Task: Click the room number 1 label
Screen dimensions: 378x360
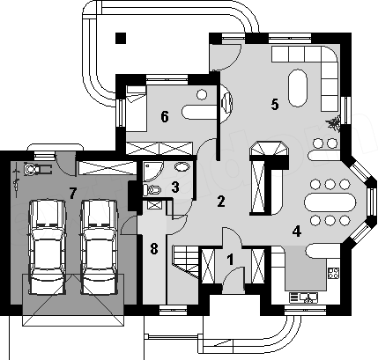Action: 231,260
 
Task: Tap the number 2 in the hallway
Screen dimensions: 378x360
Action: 221,202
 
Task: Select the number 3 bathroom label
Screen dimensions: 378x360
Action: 175,187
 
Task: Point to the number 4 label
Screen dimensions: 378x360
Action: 297,231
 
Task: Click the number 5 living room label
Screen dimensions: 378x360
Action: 275,105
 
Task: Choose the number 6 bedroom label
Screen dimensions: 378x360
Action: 165,117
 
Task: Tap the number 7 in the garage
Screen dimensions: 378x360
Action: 72,193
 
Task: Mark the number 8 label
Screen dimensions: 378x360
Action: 154,249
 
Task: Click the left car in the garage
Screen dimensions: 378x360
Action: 47,247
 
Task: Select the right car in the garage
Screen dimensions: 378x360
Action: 100,247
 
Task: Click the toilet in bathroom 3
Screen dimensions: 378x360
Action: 152,189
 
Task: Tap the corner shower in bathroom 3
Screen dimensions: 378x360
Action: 152,172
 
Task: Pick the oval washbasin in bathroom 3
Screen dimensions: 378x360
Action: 182,166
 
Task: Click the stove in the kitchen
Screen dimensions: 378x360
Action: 333,273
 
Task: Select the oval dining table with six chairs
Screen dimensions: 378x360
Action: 330,202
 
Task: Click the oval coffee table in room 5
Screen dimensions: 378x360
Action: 298,88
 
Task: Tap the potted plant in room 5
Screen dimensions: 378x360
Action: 333,124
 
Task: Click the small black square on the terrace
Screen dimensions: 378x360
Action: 121,38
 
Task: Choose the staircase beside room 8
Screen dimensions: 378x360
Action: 186,261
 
